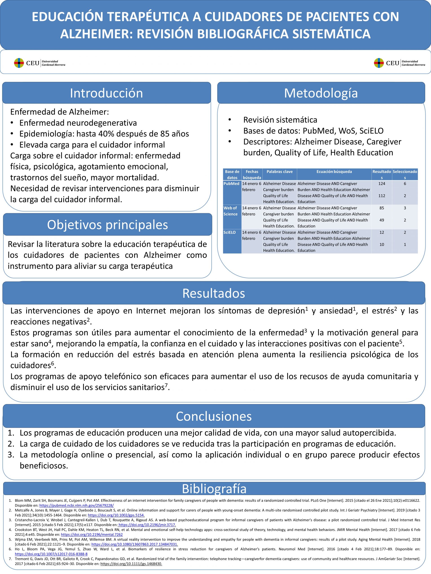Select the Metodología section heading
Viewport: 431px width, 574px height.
[x=321, y=93]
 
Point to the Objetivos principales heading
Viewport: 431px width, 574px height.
[x=107, y=225]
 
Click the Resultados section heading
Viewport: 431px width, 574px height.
[x=213, y=293]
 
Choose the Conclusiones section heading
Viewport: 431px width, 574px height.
[x=213, y=416]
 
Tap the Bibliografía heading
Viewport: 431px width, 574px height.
[x=214, y=489]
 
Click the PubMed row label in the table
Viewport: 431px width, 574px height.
[x=231, y=184]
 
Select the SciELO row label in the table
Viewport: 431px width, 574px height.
[x=230, y=233]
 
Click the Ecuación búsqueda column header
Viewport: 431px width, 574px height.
[x=334, y=172]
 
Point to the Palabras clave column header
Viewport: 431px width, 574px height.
[x=279, y=172]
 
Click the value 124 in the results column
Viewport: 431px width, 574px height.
[x=382, y=184]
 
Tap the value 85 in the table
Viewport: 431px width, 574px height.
[x=382, y=208]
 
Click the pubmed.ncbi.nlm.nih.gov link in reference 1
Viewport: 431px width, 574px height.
[x=76, y=505]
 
